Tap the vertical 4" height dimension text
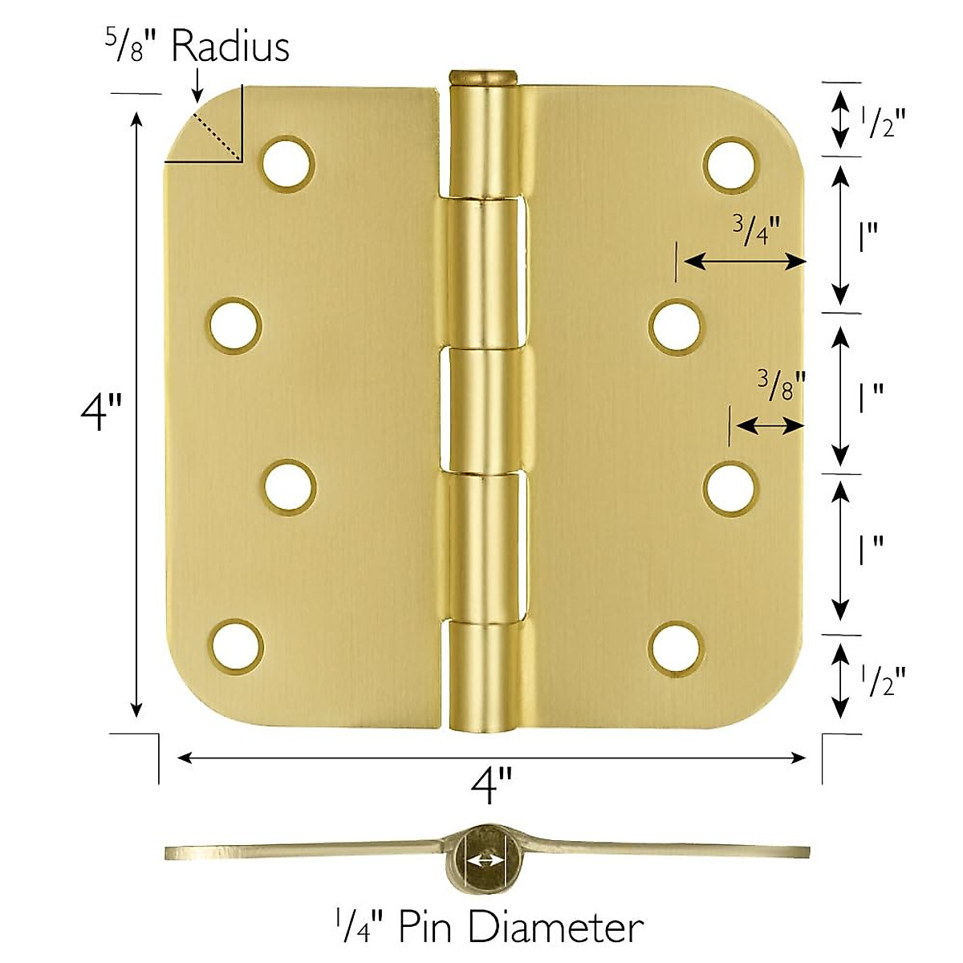pyautogui.click(x=101, y=412)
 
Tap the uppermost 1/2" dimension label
pyautogui.click(x=883, y=121)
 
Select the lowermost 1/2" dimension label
pyautogui.click(x=883, y=681)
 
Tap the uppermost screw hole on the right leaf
pyautogui.click(x=730, y=164)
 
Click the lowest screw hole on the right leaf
pyautogui.click(x=675, y=646)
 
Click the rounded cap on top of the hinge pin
pyautogui.click(x=481, y=76)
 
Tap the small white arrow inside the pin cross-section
pyautogui.click(x=486, y=861)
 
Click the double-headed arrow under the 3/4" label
pyautogui.click(x=743, y=261)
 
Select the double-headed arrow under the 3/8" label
pyautogui.click(x=769, y=426)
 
